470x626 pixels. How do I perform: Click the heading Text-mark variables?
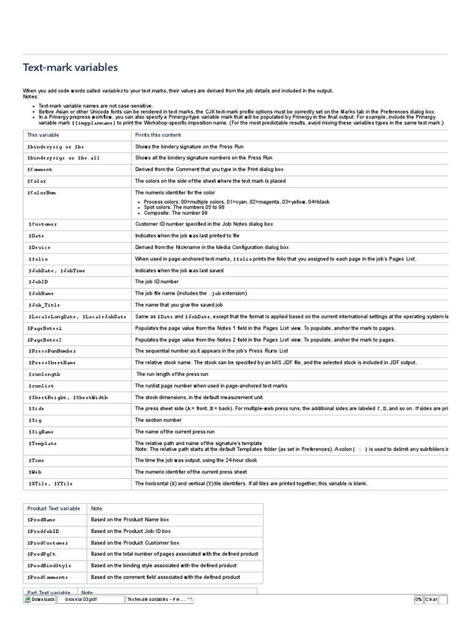(x=70, y=67)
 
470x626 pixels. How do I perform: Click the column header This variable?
(x=42, y=134)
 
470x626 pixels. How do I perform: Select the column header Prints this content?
(x=158, y=134)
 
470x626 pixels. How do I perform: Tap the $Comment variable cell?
(x=40, y=169)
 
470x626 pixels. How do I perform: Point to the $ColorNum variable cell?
(x=42, y=193)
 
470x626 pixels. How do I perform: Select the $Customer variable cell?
(x=42, y=224)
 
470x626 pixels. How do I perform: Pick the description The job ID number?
(x=157, y=282)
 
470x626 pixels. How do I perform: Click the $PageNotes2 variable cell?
(x=45, y=339)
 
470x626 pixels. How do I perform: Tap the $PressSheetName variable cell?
(x=51, y=363)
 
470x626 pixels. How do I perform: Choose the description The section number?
(x=158, y=420)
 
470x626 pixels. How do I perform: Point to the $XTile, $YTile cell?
(x=50, y=484)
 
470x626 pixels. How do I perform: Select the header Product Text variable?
(x=53, y=508)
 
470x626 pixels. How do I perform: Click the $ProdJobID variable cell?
(x=43, y=531)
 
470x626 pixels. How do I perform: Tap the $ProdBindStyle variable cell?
(x=50, y=565)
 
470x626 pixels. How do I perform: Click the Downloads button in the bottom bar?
(x=40, y=600)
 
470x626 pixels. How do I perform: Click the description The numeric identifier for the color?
(x=175, y=193)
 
